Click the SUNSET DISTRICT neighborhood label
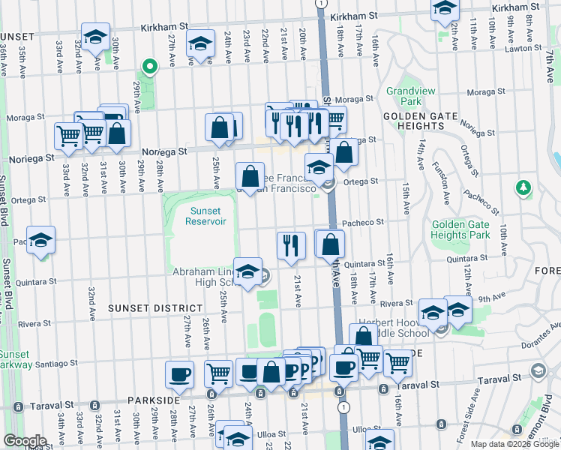pyautogui.click(x=154, y=308)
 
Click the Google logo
pyautogui.click(x=24, y=441)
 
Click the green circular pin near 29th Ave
pyautogui.click(x=149, y=67)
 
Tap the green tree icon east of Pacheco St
pyautogui.click(x=523, y=187)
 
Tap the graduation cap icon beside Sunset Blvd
pyautogui.click(x=41, y=239)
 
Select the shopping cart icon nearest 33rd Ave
pyautogui.click(x=68, y=136)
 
